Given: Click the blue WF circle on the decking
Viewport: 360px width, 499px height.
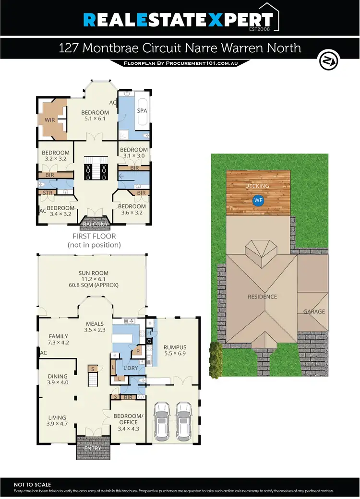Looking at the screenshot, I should pos(259,200).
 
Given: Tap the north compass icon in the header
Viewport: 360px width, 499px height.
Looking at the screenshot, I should pos(329,61).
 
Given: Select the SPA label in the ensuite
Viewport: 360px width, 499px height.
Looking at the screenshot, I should pos(142,110).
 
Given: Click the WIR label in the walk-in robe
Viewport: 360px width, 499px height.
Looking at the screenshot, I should pos(50,120).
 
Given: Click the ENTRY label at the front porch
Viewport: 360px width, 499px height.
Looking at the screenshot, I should pos(93,448).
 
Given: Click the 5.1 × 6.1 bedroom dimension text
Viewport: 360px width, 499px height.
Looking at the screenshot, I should pos(95,119).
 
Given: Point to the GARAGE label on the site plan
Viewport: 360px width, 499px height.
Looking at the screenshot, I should pos(314,311).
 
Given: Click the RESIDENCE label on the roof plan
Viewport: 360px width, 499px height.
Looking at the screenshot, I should pos(262,297).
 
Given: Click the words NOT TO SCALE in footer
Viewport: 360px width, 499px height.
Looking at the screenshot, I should pos(33,485).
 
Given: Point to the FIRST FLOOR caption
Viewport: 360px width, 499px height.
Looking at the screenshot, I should pos(94,237).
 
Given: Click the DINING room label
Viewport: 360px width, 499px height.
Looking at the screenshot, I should pos(57,376).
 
